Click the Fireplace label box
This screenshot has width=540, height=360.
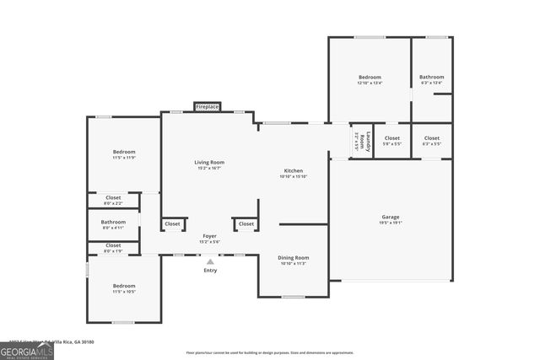[x=208, y=107]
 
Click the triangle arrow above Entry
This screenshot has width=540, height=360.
[x=210, y=261]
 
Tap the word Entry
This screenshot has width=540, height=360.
[x=210, y=270]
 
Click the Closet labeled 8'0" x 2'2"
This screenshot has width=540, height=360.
[x=113, y=200]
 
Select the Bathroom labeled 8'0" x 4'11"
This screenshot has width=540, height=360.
[x=113, y=224]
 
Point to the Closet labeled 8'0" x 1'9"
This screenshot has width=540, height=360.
[x=113, y=247]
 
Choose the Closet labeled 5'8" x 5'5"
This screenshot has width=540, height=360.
[x=392, y=140]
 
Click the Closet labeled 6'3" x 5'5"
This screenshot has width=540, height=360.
[x=431, y=140]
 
